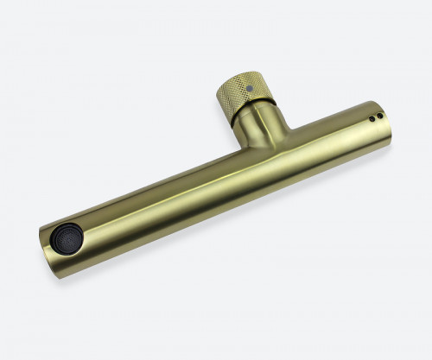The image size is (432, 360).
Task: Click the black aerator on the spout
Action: [x=66, y=237]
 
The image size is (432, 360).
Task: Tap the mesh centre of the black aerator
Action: [x=65, y=237]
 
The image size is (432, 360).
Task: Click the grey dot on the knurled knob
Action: [x=250, y=87]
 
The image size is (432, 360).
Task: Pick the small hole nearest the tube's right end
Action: [x=379, y=115]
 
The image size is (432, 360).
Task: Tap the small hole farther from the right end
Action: [x=372, y=118]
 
